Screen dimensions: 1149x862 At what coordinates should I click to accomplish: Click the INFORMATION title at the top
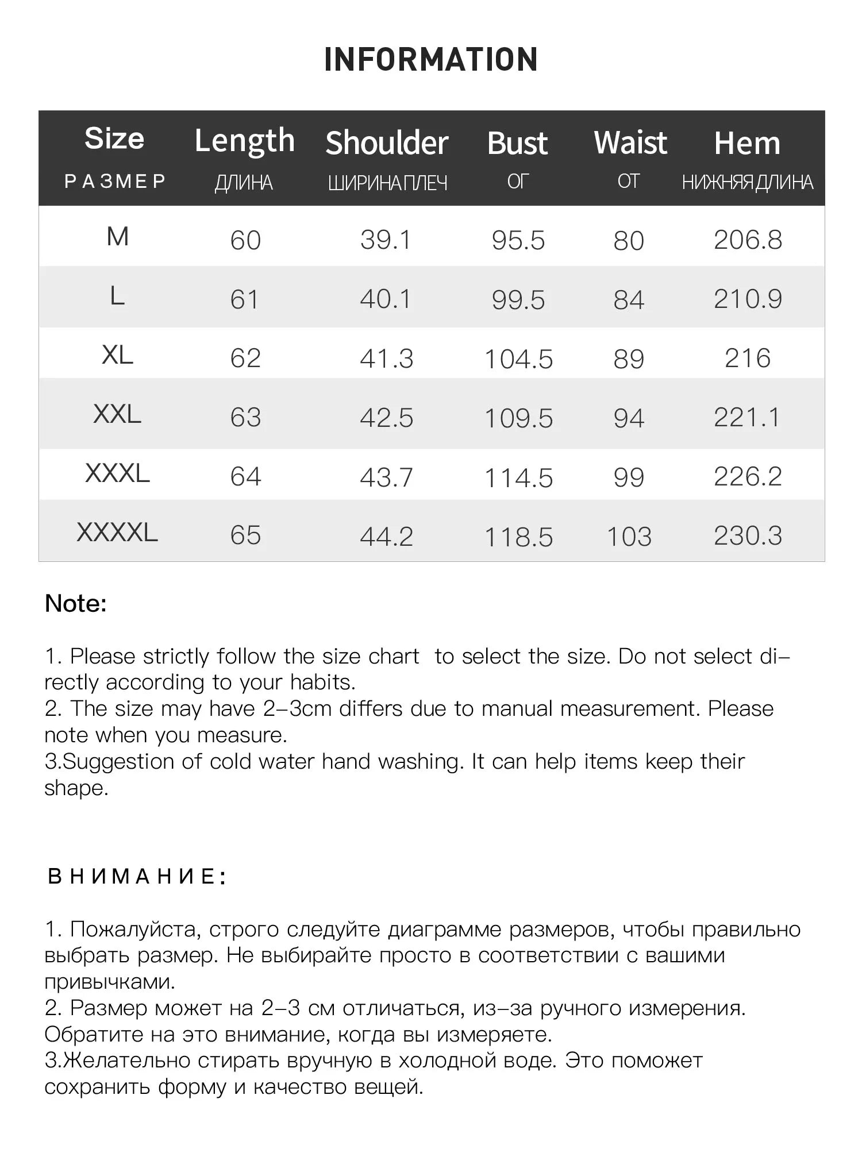[431, 59]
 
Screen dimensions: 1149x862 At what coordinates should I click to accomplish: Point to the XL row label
[117, 355]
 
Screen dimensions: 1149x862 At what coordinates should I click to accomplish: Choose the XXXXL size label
[117, 533]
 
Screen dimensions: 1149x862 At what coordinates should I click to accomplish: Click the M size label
[117, 237]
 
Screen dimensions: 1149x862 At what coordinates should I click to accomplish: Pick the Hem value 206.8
[748, 240]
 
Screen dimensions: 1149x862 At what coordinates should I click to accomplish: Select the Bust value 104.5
[518, 359]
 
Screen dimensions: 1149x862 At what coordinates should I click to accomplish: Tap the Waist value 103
[629, 537]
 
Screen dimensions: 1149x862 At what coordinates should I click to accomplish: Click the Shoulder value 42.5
[386, 418]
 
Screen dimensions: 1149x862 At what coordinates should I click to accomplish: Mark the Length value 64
[245, 477]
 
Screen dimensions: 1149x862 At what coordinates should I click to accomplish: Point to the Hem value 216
[748, 358]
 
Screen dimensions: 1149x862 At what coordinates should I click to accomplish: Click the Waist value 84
[629, 300]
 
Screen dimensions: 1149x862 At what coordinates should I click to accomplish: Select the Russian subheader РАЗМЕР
[115, 181]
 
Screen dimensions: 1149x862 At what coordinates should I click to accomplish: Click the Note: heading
[76, 603]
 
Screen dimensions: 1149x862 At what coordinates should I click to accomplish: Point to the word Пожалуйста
[136, 929]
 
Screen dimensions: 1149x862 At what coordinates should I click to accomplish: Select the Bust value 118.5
[518, 537]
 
